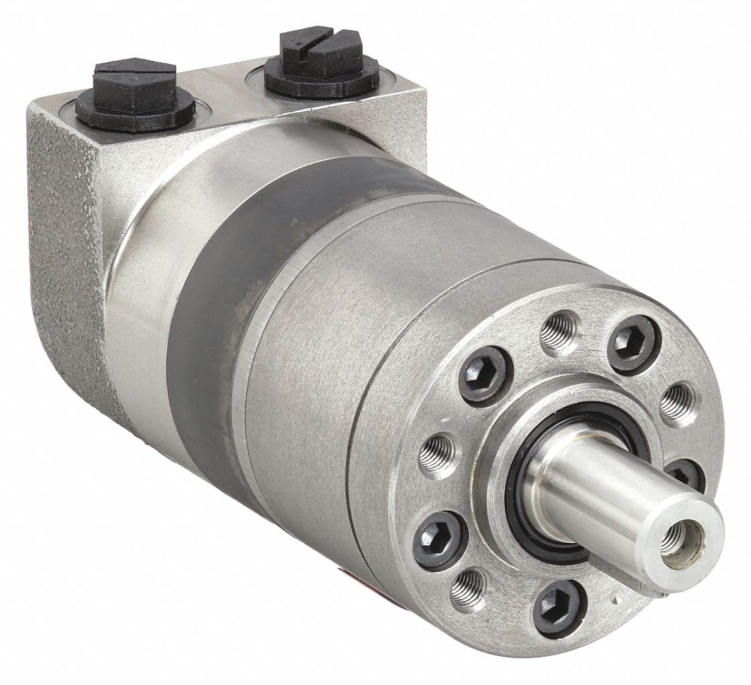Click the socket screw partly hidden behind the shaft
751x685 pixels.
(x=684, y=473)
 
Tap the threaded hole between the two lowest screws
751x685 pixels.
(x=469, y=588)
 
